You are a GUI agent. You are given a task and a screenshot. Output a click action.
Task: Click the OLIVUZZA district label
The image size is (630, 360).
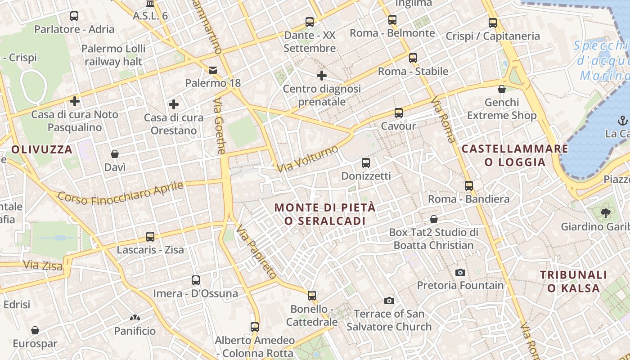pos(42,150)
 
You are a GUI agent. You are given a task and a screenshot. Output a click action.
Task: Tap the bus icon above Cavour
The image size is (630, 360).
pos(398,112)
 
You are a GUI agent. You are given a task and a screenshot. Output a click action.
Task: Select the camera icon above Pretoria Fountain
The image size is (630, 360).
pos(460,272)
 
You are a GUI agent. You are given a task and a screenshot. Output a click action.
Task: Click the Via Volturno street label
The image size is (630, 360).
pos(308,159)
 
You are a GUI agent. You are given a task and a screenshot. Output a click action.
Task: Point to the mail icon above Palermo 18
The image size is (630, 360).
pos(212,70)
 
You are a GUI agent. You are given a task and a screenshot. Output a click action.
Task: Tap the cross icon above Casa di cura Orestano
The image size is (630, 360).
pos(174,104)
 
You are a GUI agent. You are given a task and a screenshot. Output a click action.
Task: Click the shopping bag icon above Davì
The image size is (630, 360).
pos(115,154)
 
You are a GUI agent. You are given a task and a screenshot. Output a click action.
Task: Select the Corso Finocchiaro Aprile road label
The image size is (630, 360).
pos(121,193)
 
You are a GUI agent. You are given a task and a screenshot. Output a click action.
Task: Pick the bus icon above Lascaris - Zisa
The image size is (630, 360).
pos(150,236)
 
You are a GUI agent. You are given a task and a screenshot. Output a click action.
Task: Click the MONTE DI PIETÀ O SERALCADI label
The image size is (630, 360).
pos(324,214)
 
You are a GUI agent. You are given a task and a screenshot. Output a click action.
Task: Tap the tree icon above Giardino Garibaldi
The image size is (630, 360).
pos(605,213)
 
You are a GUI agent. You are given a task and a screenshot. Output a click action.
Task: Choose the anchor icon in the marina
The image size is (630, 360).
pos(623,120)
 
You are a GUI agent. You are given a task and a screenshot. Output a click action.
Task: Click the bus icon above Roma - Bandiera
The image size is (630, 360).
pos(469,185)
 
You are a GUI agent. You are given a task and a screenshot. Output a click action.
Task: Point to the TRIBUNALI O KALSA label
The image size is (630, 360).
pos(573,281)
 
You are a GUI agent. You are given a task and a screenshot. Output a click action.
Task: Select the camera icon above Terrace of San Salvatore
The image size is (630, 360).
pos(389,301)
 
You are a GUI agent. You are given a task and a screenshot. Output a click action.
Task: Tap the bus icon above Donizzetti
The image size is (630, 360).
pos(366,162)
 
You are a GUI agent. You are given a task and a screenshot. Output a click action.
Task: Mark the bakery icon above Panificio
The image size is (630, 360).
pos(135,318)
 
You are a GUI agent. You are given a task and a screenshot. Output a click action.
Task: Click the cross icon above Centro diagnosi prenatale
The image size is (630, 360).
pos(322,76)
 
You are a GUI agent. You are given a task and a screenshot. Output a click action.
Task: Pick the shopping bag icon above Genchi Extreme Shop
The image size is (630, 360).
pos(502,89)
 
